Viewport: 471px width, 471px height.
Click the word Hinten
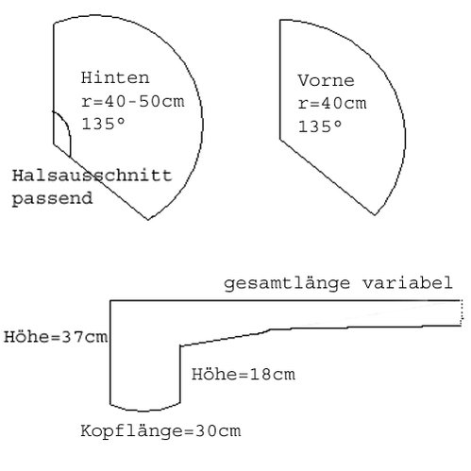115,77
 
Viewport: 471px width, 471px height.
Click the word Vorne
327,80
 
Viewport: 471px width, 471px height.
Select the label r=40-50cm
132,101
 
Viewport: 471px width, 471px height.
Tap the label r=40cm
332,104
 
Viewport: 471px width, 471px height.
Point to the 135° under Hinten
103,124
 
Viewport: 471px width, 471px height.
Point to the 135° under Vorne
320,126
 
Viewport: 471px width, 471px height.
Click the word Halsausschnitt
93,176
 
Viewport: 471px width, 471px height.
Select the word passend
52,199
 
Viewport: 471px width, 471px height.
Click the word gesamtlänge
287,283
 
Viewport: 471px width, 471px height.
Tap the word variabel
408,282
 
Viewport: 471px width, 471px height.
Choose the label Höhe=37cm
56,337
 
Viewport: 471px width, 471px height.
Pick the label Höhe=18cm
244,375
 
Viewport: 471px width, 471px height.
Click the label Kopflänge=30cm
160,430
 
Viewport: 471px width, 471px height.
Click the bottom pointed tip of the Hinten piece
148,220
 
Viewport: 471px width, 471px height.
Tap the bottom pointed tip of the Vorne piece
375,215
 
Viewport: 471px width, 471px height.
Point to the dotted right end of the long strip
462,313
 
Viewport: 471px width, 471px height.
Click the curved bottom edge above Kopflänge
144,411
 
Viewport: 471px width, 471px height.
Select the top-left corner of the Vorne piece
280,20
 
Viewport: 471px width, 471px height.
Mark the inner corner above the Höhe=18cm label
180,346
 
